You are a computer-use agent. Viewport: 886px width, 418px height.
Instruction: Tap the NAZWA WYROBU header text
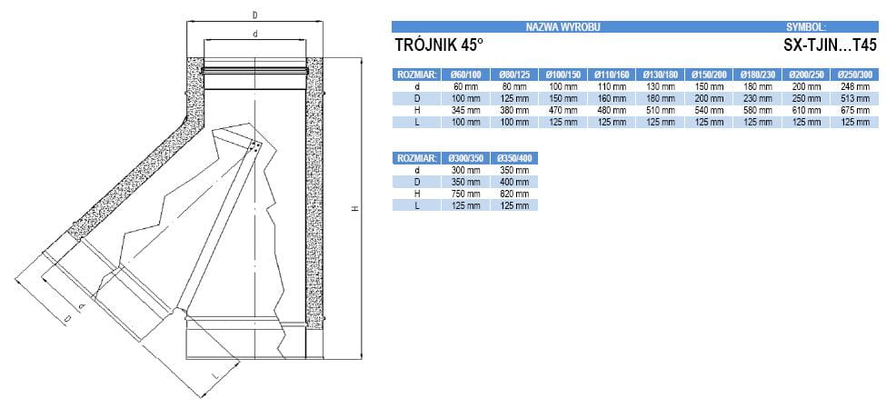coord(562,26)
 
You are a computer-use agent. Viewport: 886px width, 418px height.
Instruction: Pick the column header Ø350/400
coord(513,159)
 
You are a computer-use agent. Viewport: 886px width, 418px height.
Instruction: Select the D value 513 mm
coord(855,98)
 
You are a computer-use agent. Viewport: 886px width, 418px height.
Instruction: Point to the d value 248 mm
coord(855,87)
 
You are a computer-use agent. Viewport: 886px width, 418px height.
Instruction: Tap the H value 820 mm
coord(513,194)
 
